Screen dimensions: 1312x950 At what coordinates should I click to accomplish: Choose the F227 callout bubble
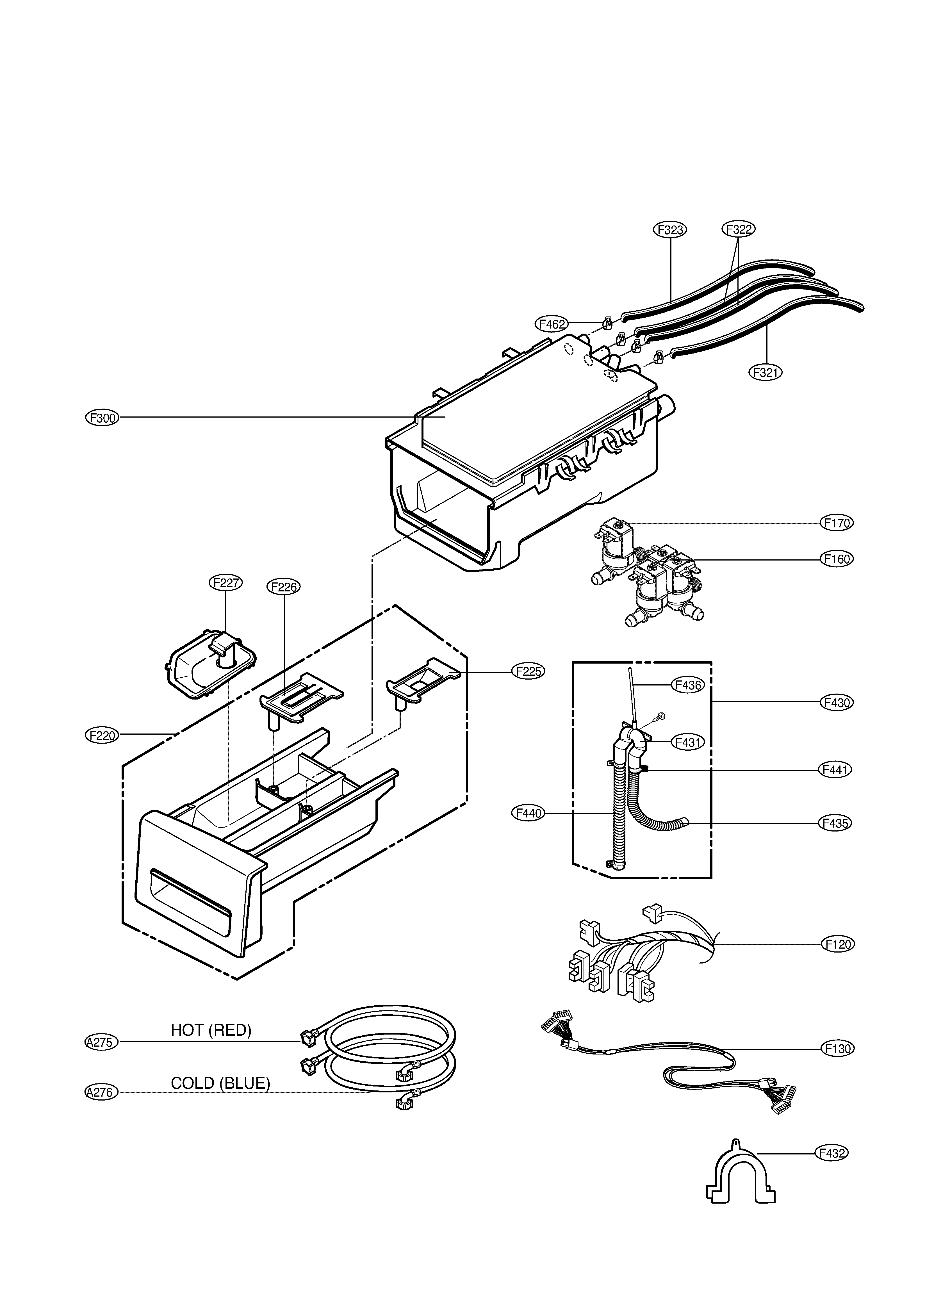[226, 582]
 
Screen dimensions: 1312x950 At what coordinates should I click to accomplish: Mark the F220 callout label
[102, 735]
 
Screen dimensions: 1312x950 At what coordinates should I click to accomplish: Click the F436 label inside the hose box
[687, 685]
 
